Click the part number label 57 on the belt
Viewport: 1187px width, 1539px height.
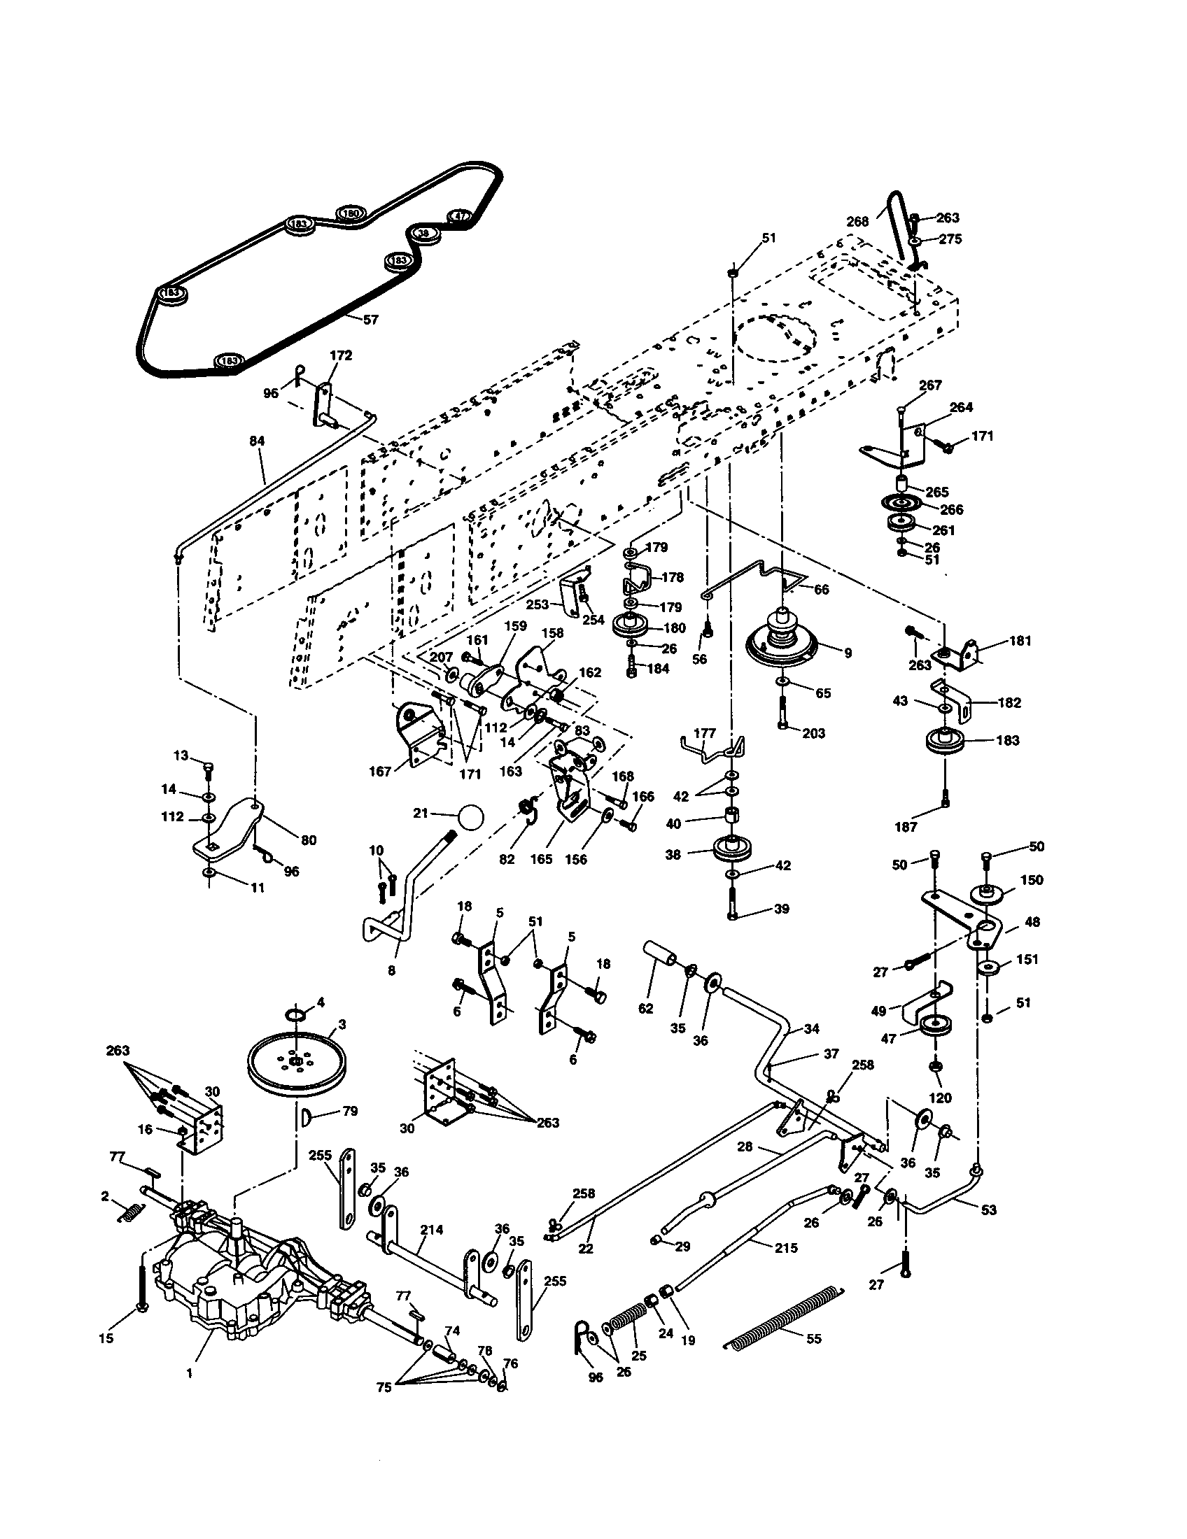pos(371,319)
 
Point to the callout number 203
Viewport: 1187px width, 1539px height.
pos(813,734)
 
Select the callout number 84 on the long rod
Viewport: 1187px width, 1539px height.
pos(257,441)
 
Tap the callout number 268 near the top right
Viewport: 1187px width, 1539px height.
pos(858,221)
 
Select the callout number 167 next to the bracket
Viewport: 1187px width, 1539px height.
pos(380,772)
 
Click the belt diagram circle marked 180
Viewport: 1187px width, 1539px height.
pos(351,213)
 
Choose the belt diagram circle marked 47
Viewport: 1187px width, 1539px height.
pos(459,216)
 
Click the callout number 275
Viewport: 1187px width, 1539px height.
pos(950,239)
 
